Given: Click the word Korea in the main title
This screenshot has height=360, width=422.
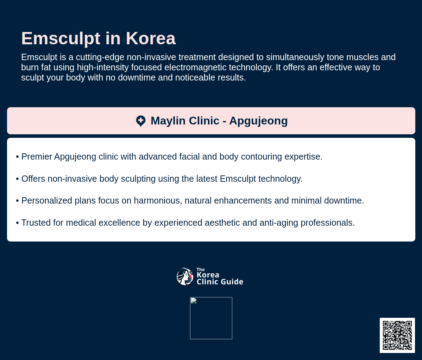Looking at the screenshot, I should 150,39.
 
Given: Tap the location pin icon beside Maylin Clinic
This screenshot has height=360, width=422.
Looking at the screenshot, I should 141,121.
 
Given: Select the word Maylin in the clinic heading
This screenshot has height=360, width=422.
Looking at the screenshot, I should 168,121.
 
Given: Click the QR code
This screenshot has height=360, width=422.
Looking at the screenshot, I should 397,335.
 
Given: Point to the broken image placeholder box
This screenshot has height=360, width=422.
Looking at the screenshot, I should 211,318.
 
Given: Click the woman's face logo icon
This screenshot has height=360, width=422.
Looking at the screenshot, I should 185,276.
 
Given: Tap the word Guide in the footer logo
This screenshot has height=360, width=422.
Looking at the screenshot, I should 232,282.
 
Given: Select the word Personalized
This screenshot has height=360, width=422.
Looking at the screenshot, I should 47,201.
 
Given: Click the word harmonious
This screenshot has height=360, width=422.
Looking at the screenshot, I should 158,201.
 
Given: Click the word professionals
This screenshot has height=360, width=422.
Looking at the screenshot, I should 328,223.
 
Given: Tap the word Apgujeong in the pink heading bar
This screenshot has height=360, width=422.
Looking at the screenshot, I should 258,121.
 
